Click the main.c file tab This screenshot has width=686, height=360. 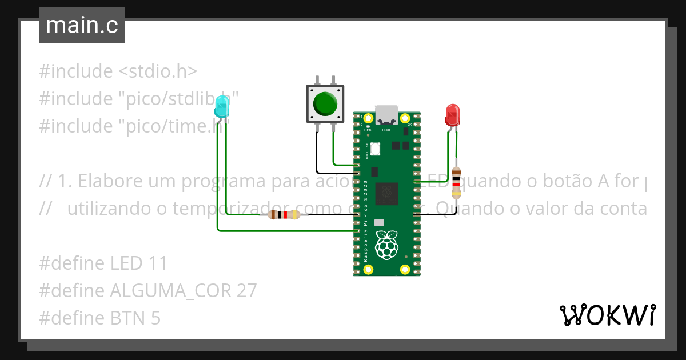(x=82, y=25)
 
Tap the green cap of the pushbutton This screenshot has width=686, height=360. (x=325, y=103)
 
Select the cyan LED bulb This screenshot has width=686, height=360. (x=222, y=107)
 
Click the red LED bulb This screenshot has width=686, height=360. (x=452, y=114)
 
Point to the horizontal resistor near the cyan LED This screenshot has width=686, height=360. (x=284, y=215)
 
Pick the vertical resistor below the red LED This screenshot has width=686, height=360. (x=456, y=182)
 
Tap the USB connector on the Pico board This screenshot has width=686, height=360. (x=387, y=114)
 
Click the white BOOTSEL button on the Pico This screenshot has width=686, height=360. (x=375, y=149)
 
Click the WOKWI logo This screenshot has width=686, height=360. (x=607, y=315)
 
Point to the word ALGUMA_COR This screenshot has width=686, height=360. (x=170, y=291)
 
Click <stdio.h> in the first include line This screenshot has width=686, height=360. (x=158, y=71)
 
